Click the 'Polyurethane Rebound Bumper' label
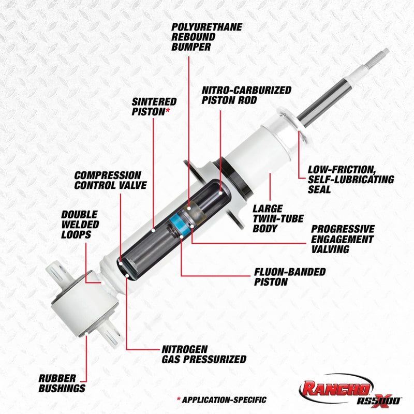tap(199, 37)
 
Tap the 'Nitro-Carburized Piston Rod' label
tap(246, 95)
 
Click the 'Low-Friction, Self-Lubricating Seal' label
tap(350, 179)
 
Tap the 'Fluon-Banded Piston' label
tap(289, 277)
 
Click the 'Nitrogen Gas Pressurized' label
tap(202, 354)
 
